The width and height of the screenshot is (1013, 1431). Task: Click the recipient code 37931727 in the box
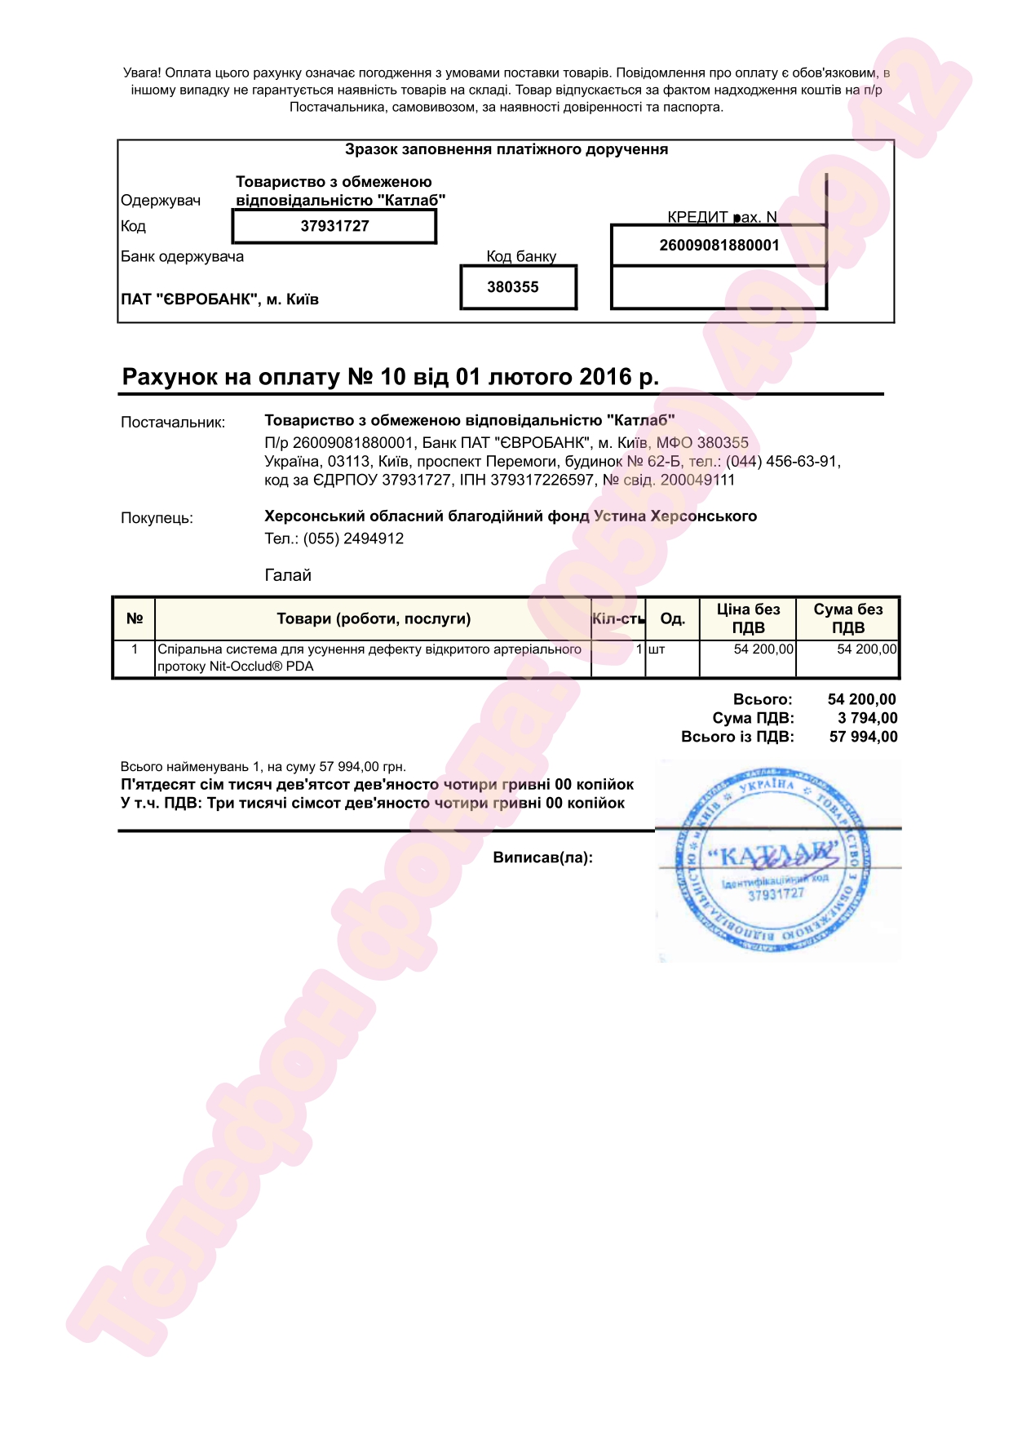coord(334,226)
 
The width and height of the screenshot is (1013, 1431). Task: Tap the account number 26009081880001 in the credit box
coord(719,246)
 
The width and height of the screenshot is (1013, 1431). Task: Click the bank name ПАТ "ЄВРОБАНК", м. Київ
coord(219,299)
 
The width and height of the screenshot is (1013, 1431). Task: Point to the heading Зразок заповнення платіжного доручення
coord(506,149)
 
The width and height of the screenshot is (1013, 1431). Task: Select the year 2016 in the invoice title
coord(605,377)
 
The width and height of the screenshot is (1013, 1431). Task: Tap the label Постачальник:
coord(173,423)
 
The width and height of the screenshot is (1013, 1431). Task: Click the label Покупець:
coord(157,518)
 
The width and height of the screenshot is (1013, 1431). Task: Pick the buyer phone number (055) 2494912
coord(353,538)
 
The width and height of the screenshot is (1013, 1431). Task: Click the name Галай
coord(288,575)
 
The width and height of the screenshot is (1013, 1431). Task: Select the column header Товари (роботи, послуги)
coord(374,618)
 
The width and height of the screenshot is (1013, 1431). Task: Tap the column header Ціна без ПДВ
coord(748,618)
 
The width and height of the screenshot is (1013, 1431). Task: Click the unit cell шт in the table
coord(657,649)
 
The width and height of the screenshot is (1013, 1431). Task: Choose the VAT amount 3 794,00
coord(867,718)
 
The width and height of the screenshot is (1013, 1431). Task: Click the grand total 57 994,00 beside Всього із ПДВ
coord(863,737)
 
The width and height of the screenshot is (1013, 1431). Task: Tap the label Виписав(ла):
coord(542,857)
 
